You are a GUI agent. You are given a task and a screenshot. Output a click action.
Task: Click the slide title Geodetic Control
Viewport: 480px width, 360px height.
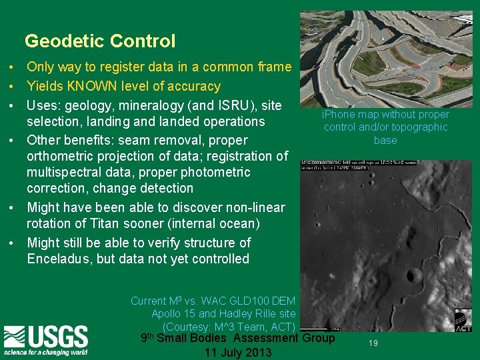pos(100,41)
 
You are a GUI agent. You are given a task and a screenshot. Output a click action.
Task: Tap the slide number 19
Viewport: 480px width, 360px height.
pos(373,343)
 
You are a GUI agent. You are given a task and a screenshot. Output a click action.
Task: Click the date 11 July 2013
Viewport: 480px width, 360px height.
pos(238,352)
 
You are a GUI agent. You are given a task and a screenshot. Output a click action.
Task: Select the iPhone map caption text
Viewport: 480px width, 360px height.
pos(385,127)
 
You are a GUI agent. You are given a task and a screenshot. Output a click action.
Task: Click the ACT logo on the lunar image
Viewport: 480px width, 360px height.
pos(463,320)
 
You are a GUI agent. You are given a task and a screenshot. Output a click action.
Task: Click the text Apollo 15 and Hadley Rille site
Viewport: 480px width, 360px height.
pos(223,313)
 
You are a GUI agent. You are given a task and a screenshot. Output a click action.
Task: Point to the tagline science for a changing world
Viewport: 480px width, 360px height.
pos(45,351)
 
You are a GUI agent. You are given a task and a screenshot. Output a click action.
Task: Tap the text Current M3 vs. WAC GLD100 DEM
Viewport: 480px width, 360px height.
pos(213,301)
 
